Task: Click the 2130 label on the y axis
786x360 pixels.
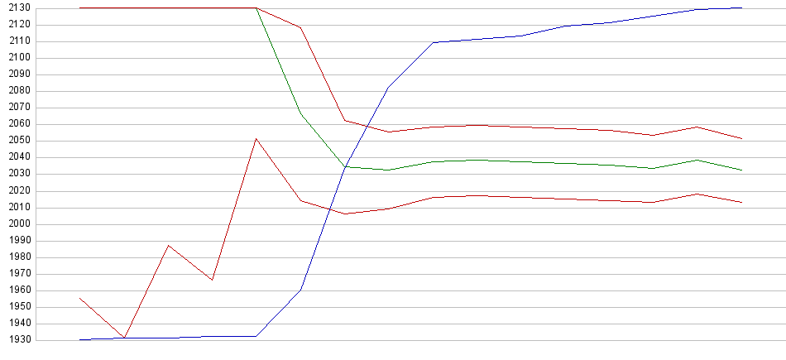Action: point(16,8)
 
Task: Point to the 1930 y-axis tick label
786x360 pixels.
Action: point(16,340)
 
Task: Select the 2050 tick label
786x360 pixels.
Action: point(16,141)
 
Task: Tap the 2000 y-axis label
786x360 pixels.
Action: point(16,224)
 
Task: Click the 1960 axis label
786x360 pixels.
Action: point(16,290)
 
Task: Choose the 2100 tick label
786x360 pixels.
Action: point(16,58)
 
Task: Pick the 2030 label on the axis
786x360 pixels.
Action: point(16,174)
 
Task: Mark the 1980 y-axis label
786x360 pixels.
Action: point(16,257)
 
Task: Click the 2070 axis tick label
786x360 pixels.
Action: point(16,108)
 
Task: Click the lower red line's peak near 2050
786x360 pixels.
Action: point(256,138)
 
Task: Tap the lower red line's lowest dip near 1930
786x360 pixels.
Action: point(124,338)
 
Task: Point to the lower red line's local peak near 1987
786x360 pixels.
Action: point(168,245)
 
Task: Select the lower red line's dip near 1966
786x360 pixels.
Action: point(213,280)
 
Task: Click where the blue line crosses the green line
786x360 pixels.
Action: point(345,167)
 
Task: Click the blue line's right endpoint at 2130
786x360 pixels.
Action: point(741,7)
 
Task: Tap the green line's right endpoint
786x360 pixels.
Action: point(741,170)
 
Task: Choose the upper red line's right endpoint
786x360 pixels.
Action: point(741,138)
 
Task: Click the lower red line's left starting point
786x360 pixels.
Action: point(79,298)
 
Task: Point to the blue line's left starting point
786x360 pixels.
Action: point(79,339)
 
